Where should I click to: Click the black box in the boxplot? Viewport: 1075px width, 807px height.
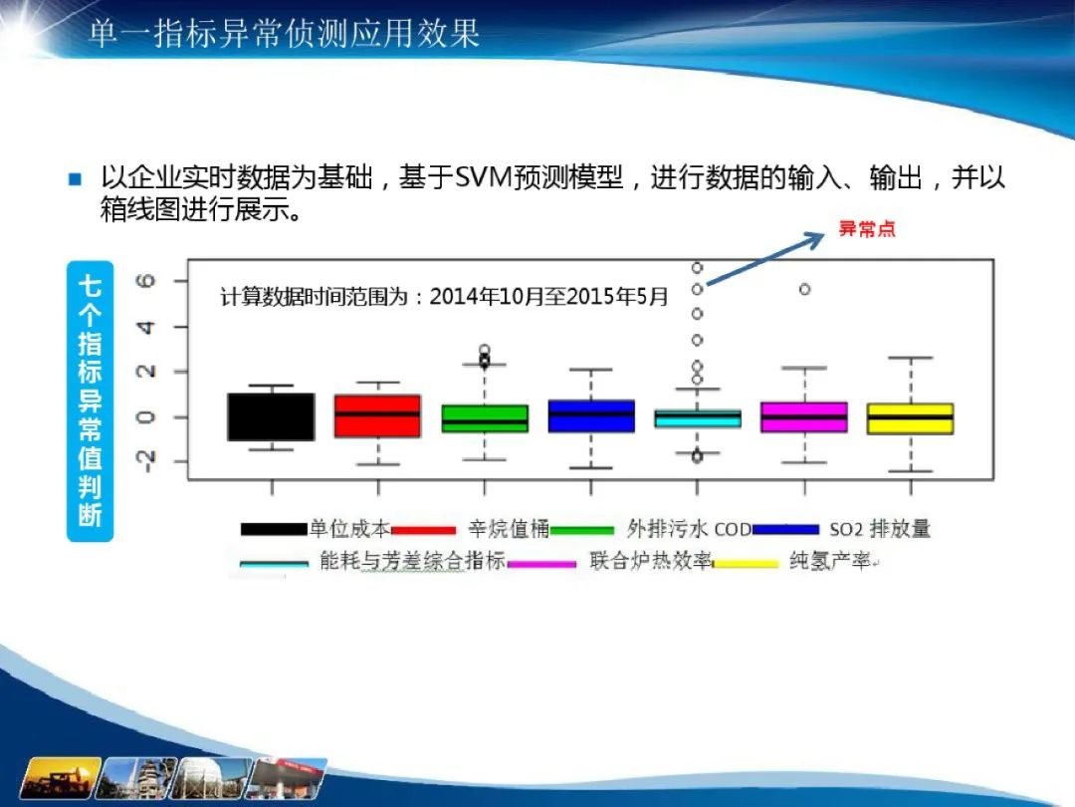(x=271, y=416)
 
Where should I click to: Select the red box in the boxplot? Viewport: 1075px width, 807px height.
(x=378, y=415)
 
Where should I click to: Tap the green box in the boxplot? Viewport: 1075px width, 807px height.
(x=485, y=418)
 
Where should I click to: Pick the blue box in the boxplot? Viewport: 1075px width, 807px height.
(x=591, y=415)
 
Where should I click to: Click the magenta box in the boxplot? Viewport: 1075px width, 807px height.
(x=804, y=417)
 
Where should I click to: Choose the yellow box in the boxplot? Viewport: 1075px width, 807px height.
(x=911, y=418)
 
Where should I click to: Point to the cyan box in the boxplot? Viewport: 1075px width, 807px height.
(x=697, y=418)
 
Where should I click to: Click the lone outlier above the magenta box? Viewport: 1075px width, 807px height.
(x=805, y=290)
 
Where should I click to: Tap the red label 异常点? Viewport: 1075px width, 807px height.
(x=867, y=228)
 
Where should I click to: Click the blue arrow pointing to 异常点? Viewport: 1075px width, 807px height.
(x=765, y=259)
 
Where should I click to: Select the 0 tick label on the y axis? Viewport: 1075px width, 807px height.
(x=146, y=417)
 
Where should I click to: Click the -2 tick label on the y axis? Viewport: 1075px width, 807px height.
(x=146, y=462)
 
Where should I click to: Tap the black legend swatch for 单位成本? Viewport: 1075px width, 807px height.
(x=274, y=529)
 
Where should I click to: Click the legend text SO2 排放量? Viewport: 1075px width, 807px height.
(x=880, y=529)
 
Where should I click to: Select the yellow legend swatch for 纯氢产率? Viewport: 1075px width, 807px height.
(x=746, y=564)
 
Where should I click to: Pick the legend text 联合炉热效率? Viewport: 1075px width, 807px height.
(x=651, y=561)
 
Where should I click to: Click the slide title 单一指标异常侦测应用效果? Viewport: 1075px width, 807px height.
(x=284, y=33)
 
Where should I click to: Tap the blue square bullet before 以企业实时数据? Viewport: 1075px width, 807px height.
(x=76, y=179)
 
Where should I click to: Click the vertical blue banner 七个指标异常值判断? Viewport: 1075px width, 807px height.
(x=90, y=402)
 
